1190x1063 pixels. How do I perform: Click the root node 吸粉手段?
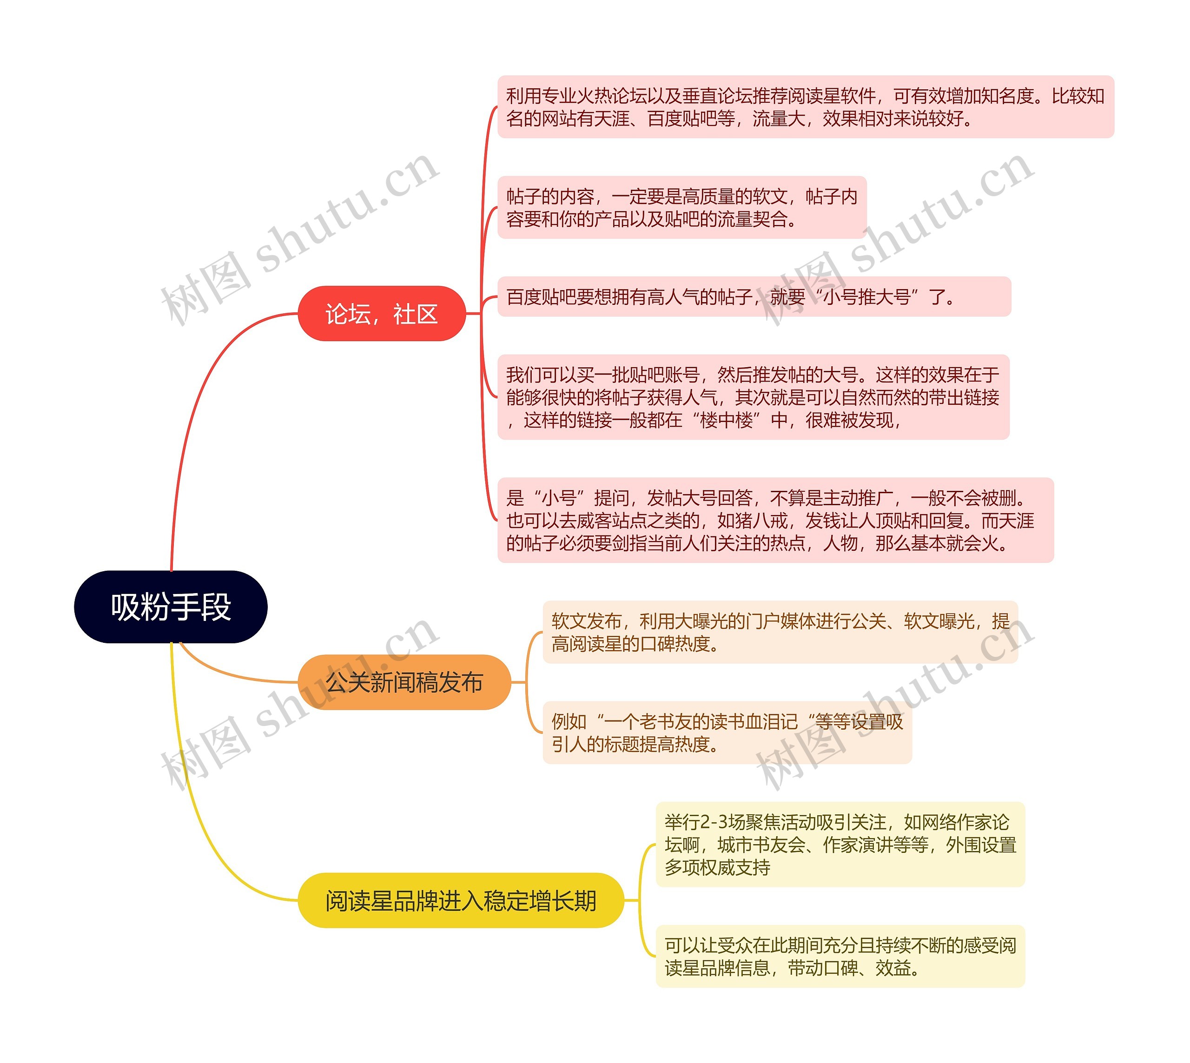tap(171, 607)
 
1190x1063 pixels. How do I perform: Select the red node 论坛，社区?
tap(382, 314)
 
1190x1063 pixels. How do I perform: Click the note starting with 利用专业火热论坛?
tap(805, 107)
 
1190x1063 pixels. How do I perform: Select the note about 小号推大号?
tap(754, 297)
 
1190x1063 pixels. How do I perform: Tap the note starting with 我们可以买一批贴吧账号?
tap(753, 397)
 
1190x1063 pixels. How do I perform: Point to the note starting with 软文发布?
tap(780, 632)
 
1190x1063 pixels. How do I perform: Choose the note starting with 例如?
tap(727, 733)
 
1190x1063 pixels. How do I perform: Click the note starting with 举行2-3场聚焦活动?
tap(840, 845)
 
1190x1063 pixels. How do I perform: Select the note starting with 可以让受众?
tap(840, 956)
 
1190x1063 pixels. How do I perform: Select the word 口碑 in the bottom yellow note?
tap(840, 968)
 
